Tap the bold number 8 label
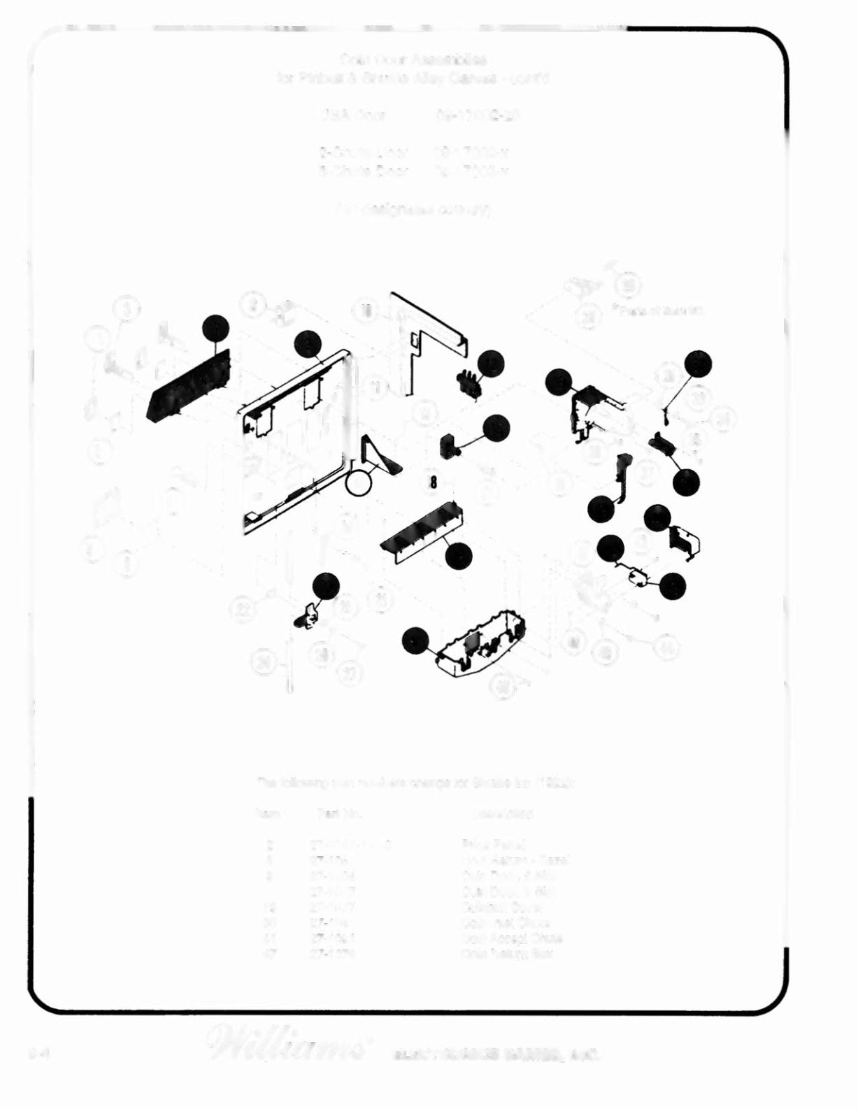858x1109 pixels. [434, 482]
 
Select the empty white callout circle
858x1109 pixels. [358, 482]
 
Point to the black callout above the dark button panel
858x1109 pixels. [215, 329]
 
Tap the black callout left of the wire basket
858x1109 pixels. [415, 641]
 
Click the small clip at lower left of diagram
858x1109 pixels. [306, 616]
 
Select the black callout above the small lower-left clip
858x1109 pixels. [325, 586]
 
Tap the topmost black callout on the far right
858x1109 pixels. [698, 364]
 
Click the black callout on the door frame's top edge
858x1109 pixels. [307, 343]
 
